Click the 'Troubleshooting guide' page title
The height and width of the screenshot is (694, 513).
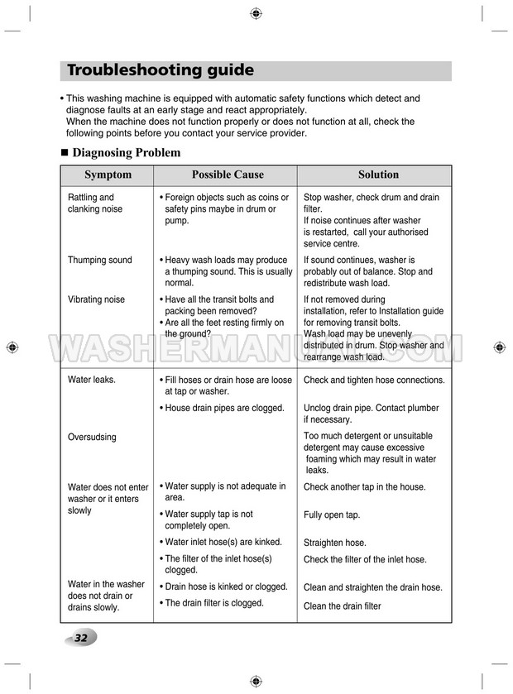tap(161, 70)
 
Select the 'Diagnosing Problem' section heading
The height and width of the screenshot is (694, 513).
tap(127, 152)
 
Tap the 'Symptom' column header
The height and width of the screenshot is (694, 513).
tap(108, 175)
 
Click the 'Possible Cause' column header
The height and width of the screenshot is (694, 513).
tap(228, 175)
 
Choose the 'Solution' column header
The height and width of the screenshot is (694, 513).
tap(378, 175)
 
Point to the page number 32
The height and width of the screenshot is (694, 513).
tap(80, 638)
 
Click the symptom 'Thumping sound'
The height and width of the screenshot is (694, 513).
tap(99, 260)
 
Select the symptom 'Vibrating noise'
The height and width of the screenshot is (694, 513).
tap(96, 299)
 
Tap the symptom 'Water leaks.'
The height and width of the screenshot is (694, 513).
tap(92, 380)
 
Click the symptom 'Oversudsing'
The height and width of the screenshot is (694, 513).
tap(92, 437)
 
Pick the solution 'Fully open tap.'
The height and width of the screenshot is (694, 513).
tap(332, 515)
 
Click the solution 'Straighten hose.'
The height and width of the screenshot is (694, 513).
tap(334, 543)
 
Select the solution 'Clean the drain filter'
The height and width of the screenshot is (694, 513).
tap(343, 606)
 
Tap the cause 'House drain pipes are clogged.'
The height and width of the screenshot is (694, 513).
tap(224, 408)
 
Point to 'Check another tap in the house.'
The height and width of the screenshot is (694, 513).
tap(365, 487)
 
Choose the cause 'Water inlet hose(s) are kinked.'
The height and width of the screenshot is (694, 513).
tap(223, 542)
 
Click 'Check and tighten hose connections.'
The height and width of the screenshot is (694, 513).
tap(374, 380)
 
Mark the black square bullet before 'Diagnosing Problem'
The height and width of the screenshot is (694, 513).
tap(65, 153)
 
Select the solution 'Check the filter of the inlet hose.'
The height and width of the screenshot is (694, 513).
tap(365, 560)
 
